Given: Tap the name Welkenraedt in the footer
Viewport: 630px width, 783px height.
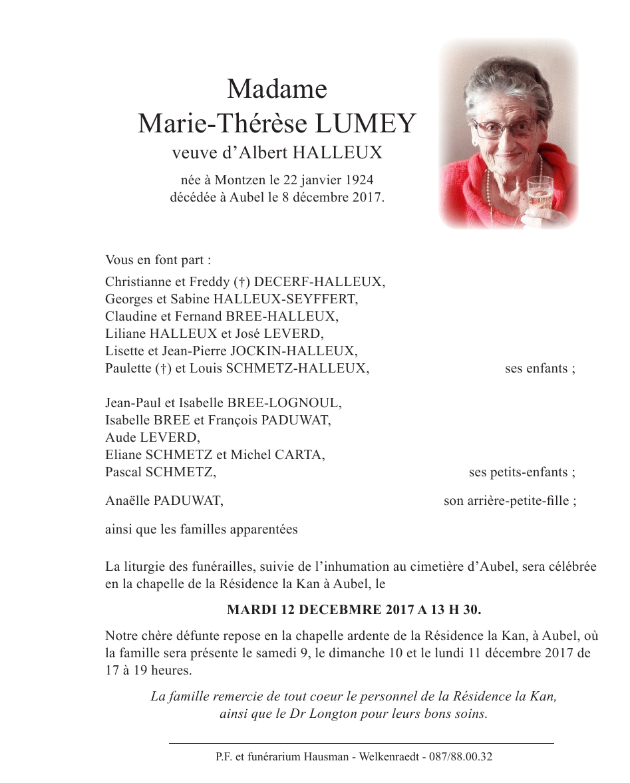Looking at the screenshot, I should (x=391, y=756).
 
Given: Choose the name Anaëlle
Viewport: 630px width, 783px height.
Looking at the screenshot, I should (x=128, y=501).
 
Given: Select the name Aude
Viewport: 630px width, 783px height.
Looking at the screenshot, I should (x=119, y=438).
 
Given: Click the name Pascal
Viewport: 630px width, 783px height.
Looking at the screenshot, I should (x=124, y=472).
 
